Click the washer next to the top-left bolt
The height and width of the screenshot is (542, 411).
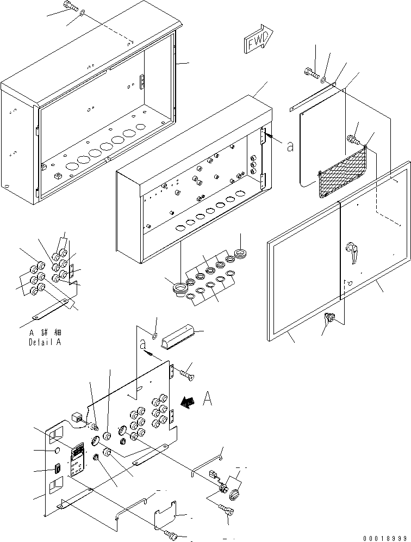(x=82, y=13)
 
